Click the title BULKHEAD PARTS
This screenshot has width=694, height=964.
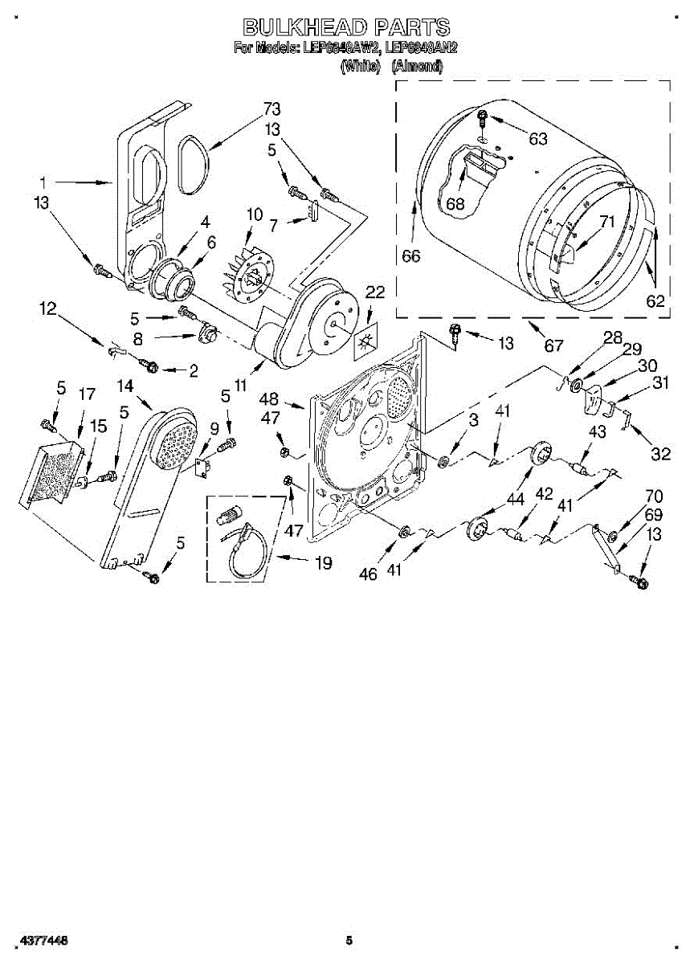pos(346,27)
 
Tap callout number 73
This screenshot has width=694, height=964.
pos(272,109)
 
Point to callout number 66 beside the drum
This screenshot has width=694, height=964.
pos(411,256)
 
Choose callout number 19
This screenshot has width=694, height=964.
pos(323,563)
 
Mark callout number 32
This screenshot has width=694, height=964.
pos(660,454)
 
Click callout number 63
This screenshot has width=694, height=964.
pos(537,139)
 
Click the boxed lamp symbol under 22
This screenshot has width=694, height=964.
pos(367,341)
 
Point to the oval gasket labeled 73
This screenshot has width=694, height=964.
pos(191,165)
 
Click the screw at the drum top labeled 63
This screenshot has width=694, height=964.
pos(482,120)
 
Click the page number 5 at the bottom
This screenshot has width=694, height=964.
pos(349,939)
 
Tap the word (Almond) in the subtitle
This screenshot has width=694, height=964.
pos(417,67)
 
